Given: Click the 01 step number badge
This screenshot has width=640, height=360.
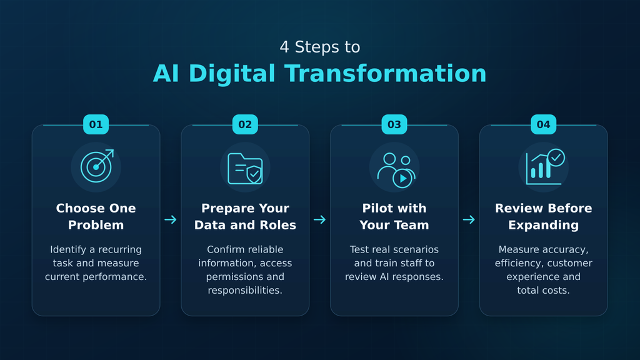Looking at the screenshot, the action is [x=96, y=124].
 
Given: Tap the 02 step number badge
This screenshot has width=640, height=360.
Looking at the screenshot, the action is [x=245, y=124].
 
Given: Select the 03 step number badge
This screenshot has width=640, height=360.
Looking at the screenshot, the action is [x=394, y=124].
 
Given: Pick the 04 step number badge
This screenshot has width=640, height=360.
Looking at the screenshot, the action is [x=543, y=124].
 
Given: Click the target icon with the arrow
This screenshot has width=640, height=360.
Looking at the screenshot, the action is [x=97, y=166].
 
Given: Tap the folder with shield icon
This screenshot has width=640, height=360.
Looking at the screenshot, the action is [x=245, y=169].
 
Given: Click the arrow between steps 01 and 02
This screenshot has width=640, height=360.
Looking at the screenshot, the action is [x=171, y=219].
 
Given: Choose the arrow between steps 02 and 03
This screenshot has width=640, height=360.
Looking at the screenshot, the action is [x=319, y=219].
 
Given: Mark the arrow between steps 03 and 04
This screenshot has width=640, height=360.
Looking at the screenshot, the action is [x=469, y=219].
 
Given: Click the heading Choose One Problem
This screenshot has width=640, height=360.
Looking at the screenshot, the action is [x=96, y=216].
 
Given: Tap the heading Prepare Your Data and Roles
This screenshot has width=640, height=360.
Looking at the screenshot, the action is [x=245, y=216].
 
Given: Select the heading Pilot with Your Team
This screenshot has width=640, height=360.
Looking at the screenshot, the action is [x=394, y=216].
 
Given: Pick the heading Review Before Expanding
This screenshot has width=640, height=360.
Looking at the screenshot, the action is [x=543, y=216].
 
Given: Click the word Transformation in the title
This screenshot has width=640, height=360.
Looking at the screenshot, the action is [x=385, y=74].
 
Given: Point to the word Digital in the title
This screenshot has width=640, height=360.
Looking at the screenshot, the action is [x=231, y=74].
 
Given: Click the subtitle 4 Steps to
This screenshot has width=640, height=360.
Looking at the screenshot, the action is [x=319, y=47].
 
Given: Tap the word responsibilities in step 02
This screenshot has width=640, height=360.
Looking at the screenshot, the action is [x=245, y=290].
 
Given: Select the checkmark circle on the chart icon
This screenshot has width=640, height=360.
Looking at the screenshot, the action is [x=556, y=157].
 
